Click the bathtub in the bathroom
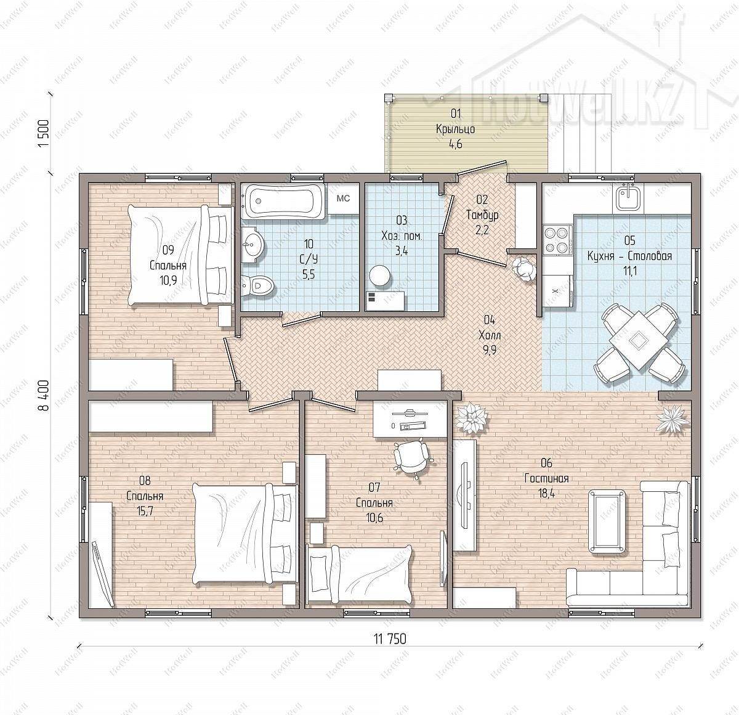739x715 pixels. [x=283, y=202]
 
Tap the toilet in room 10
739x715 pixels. [x=258, y=285]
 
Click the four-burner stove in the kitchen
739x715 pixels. [x=558, y=240]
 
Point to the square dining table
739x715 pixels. [x=639, y=340]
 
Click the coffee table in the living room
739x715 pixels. [x=607, y=521]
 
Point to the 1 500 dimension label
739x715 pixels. [x=44, y=134]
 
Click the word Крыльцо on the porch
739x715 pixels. [x=455, y=129]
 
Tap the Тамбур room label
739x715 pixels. [x=482, y=215]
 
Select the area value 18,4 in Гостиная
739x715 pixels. [x=546, y=493]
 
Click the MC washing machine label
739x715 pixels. [x=343, y=198]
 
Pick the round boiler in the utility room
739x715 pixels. [x=380, y=276]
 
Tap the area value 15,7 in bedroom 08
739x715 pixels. [x=145, y=511]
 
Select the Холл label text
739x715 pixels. [x=490, y=335]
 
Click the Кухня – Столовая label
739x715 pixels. [x=629, y=256]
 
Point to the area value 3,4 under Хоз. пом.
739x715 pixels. [x=402, y=251]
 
